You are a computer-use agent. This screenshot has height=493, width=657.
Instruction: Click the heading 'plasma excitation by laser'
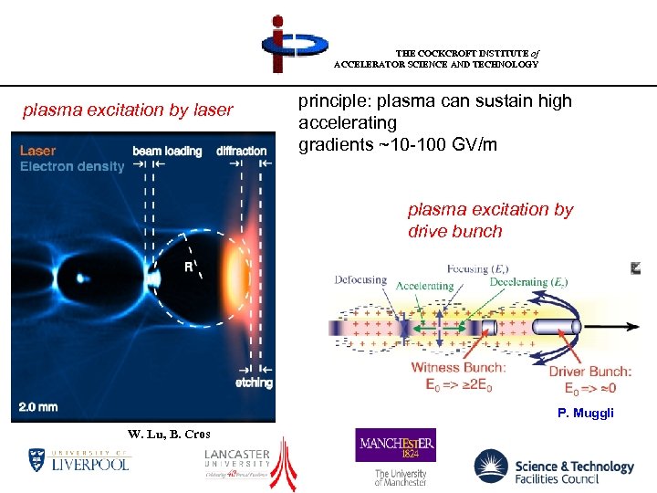point(128,111)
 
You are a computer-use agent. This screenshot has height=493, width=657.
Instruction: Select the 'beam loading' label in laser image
point(167,151)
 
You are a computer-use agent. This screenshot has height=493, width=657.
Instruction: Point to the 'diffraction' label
point(242,151)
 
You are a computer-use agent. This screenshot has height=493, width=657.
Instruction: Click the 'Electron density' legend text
point(72,166)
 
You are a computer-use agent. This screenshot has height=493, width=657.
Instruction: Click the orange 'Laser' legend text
point(38,151)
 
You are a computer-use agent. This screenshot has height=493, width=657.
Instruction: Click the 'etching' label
point(254,383)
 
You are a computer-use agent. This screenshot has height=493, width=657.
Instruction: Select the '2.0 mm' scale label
point(40,406)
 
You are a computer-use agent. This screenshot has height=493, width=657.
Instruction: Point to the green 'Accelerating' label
point(424,286)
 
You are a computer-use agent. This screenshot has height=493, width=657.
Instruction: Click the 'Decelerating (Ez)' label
point(528,283)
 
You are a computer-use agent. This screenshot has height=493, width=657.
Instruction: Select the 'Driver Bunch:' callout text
point(589,372)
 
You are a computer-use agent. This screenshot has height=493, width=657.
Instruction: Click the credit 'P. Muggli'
point(586,414)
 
